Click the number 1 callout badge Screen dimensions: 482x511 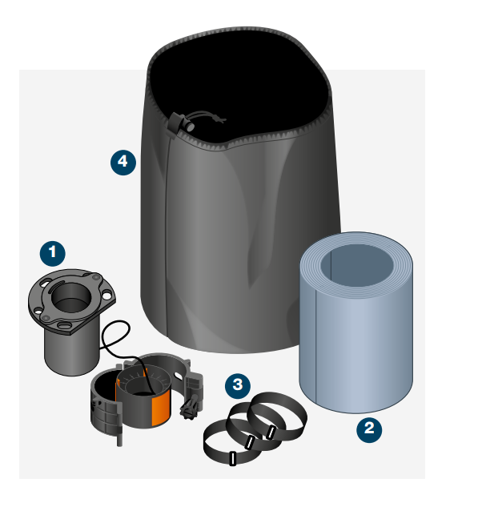tap(52, 253)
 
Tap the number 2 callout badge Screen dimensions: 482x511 tap(369, 429)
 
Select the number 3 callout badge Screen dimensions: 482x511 tap(238, 386)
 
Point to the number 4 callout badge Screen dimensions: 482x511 tap(123, 163)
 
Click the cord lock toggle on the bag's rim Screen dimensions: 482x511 tap(180, 123)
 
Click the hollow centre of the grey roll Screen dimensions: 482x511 tap(357, 265)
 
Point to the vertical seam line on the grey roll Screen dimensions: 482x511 tap(316, 345)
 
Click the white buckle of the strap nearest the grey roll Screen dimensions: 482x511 tap(271, 433)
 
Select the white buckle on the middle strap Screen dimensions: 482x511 tap(250, 442)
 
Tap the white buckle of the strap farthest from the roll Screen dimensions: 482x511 tap(232, 458)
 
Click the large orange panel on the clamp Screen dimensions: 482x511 tap(161, 408)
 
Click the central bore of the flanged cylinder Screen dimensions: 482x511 tap(70, 296)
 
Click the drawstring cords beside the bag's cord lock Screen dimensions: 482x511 tap(208, 117)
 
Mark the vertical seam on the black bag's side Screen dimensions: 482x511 tap(167, 235)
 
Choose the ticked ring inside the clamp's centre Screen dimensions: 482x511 tap(143, 379)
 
